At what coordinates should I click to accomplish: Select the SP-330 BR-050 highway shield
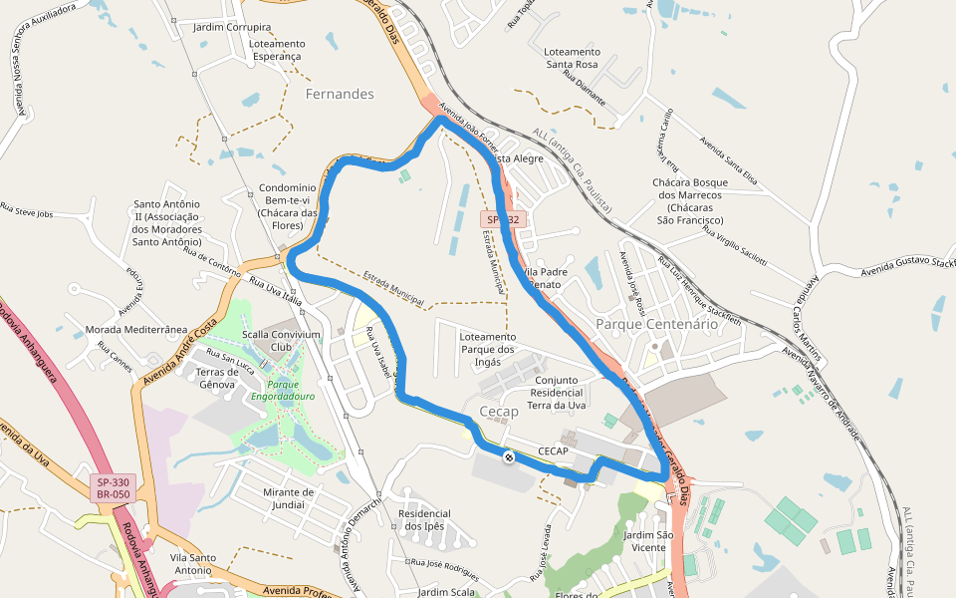click(x=114, y=488)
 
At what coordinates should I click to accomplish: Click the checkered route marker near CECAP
click(x=509, y=457)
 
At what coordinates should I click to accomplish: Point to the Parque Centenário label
click(x=656, y=324)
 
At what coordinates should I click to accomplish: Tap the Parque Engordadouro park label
click(x=283, y=390)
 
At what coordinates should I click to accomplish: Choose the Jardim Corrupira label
click(x=232, y=28)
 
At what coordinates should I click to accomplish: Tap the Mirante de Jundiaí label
click(x=288, y=498)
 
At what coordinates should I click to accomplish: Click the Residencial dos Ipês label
click(x=423, y=520)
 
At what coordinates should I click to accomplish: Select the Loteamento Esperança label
click(x=276, y=51)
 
